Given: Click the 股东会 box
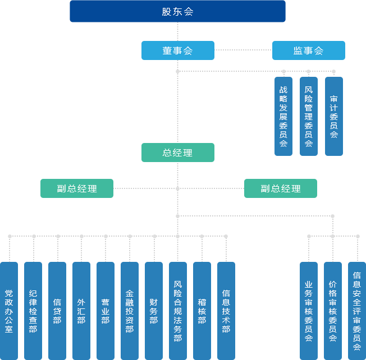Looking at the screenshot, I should (x=177, y=12).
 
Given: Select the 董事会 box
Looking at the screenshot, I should (x=177, y=50).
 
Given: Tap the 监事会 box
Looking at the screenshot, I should (x=308, y=50).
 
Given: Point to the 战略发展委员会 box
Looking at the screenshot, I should (x=283, y=116).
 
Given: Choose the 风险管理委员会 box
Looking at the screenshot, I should (x=308, y=116).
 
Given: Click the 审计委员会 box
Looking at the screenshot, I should (x=333, y=116).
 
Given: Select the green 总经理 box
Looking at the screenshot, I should (x=177, y=153).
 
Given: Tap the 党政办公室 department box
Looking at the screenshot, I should (x=9, y=311).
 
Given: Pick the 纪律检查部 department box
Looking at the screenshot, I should (x=33, y=311).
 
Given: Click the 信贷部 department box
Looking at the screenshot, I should (x=57, y=311).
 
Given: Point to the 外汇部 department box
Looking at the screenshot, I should (x=81, y=311).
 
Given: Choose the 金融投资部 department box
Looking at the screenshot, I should (x=130, y=311).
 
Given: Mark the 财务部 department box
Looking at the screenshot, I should (x=154, y=311).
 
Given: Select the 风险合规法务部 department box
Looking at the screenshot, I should (x=178, y=311).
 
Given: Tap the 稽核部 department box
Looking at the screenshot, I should (x=202, y=311).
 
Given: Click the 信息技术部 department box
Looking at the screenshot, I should (x=226, y=311).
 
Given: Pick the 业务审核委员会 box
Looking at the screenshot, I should (x=309, y=311).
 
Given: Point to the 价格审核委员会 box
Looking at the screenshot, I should (x=333, y=311).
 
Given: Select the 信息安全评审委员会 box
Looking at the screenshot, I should (x=357, y=311).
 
